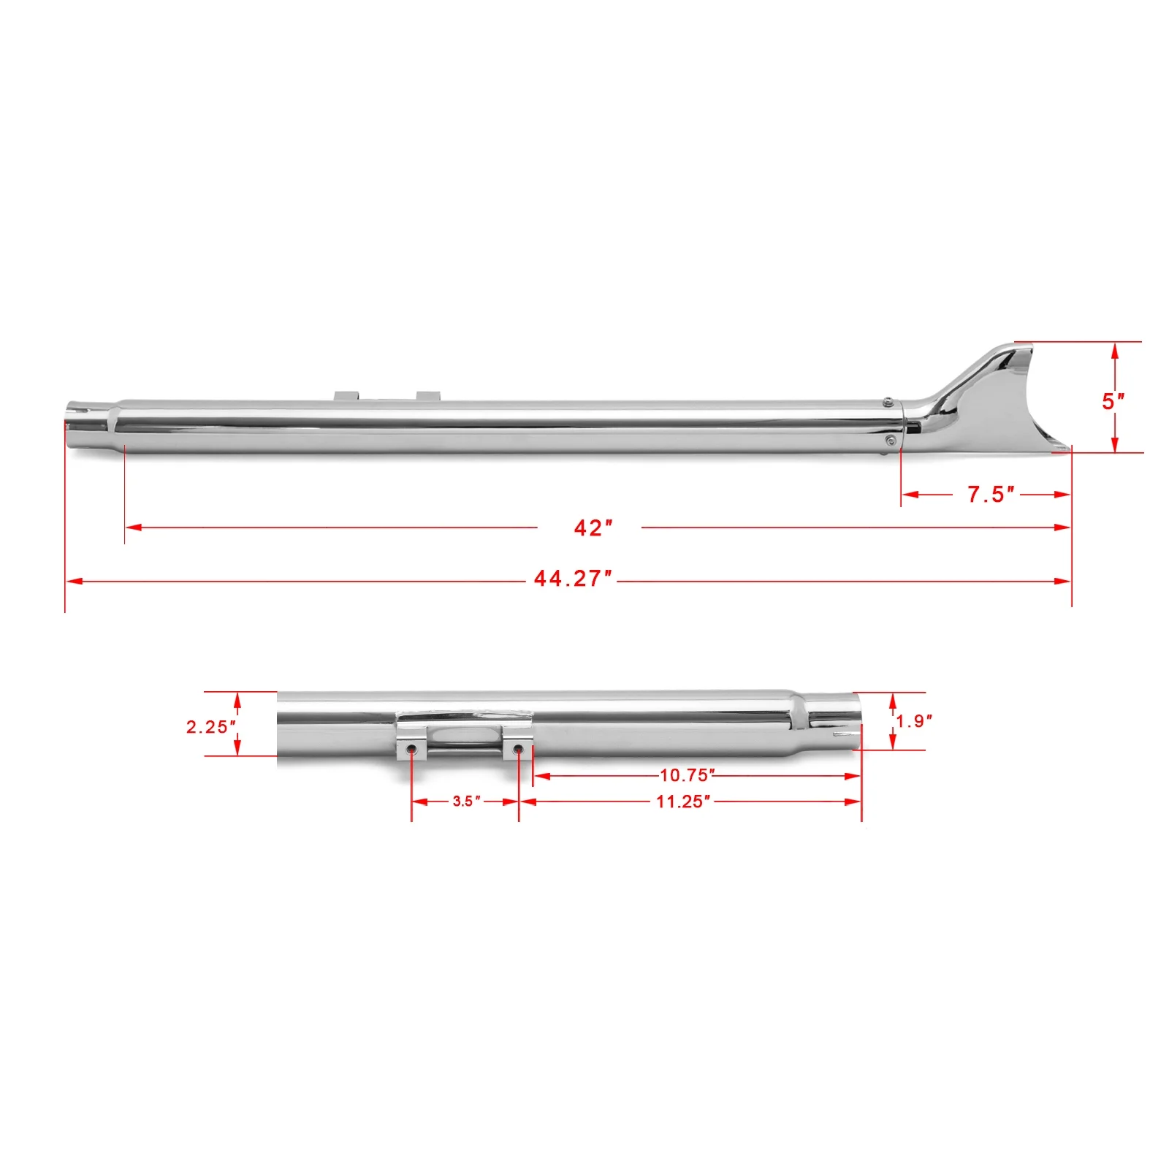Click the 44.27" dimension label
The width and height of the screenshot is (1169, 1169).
point(573,579)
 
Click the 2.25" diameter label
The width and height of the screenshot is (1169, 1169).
point(211,726)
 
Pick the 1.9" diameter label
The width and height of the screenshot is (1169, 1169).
point(915,721)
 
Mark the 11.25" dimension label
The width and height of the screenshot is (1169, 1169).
point(683,801)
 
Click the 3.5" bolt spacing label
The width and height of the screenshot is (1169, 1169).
point(466,801)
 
